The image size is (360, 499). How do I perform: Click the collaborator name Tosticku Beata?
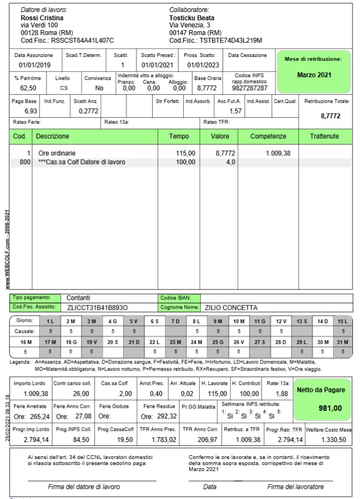tap(191, 18)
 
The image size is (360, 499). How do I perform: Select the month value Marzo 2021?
tap(315, 74)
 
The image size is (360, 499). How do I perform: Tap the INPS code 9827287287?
tap(249, 88)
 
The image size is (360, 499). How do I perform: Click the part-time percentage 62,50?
tap(28, 88)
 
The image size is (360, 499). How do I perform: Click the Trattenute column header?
tap(324, 136)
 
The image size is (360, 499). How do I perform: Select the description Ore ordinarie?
tap(57, 153)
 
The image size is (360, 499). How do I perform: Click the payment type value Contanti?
tap(78, 298)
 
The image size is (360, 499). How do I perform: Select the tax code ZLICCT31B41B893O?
tap(97, 307)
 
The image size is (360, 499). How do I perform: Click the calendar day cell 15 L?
tap(343, 321)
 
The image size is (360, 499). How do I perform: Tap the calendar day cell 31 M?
tap(343, 341)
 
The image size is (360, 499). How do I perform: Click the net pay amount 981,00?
tap(330, 408)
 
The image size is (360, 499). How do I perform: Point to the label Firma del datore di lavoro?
tap(91, 486)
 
